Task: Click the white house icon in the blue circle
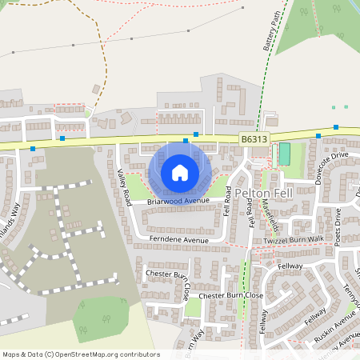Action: [x=180, y=172]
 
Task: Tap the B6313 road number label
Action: [x=254, y=139]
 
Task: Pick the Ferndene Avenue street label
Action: [x=178, y=239]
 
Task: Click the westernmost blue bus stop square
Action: [x=32, y=149]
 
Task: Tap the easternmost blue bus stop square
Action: [x=336, y=127]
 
